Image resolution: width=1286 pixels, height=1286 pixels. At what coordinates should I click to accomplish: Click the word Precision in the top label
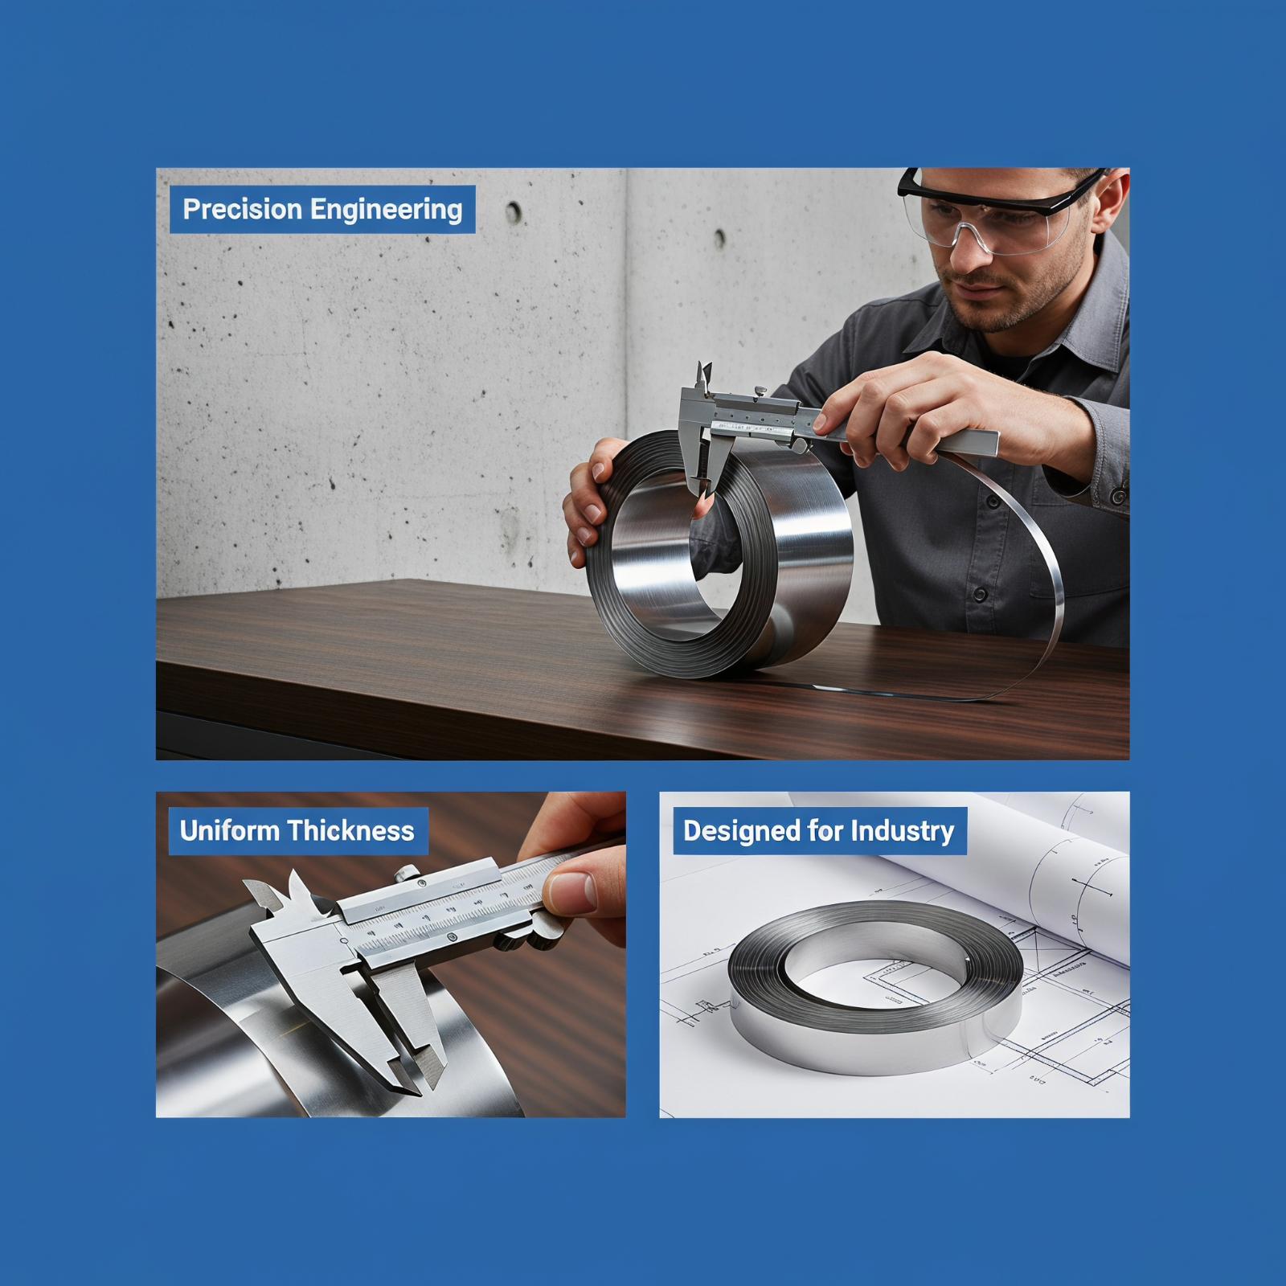(x=242, y=209)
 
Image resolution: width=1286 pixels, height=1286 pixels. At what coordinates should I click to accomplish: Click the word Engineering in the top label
(x=386, y=210)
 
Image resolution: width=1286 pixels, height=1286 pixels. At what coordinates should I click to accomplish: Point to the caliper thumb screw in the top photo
(x=757, y=391)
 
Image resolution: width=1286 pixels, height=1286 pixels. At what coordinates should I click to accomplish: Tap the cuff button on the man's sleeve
(x=1117, y=496)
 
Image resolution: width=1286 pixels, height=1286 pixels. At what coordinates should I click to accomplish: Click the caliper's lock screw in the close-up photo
(x=407, y=873)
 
